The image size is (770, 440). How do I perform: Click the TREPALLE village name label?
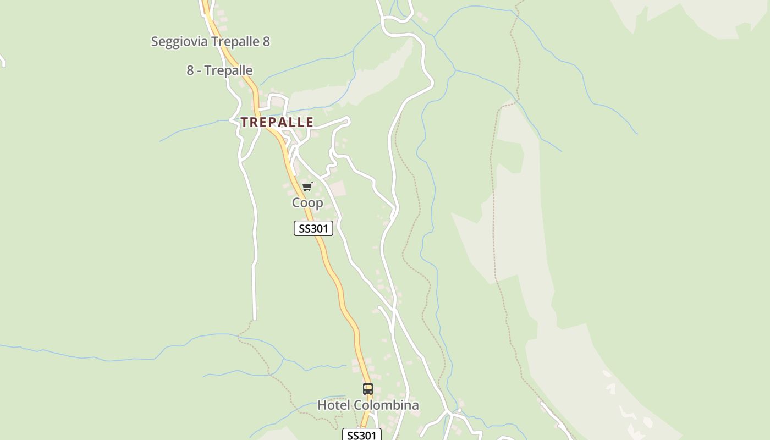(x=277, y=122)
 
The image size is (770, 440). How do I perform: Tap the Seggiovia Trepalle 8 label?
(x=210, y=42)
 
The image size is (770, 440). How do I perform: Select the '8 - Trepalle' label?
(x=219, y=70)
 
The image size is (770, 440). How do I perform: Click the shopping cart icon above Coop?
(x=307, y=187)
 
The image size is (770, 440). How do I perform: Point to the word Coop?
(x=307, y=203)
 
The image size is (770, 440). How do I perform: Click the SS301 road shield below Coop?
(x=313, y=228)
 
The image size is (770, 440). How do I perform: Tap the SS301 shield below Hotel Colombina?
(x=361, y=435)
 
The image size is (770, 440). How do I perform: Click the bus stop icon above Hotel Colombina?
(x=368, y=389)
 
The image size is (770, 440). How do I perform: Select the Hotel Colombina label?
(x=368, y=405)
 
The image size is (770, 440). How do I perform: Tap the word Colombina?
(x=386, y=405)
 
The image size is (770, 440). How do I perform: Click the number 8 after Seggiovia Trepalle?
(x=266, y=42)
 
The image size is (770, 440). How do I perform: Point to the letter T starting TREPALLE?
(x=244, y=122)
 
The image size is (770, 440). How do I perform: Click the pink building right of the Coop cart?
(x=337, y=189)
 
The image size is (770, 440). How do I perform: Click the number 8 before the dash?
(x=190, y=70)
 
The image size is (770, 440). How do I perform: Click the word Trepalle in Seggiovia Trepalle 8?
(x=235, y=42)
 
